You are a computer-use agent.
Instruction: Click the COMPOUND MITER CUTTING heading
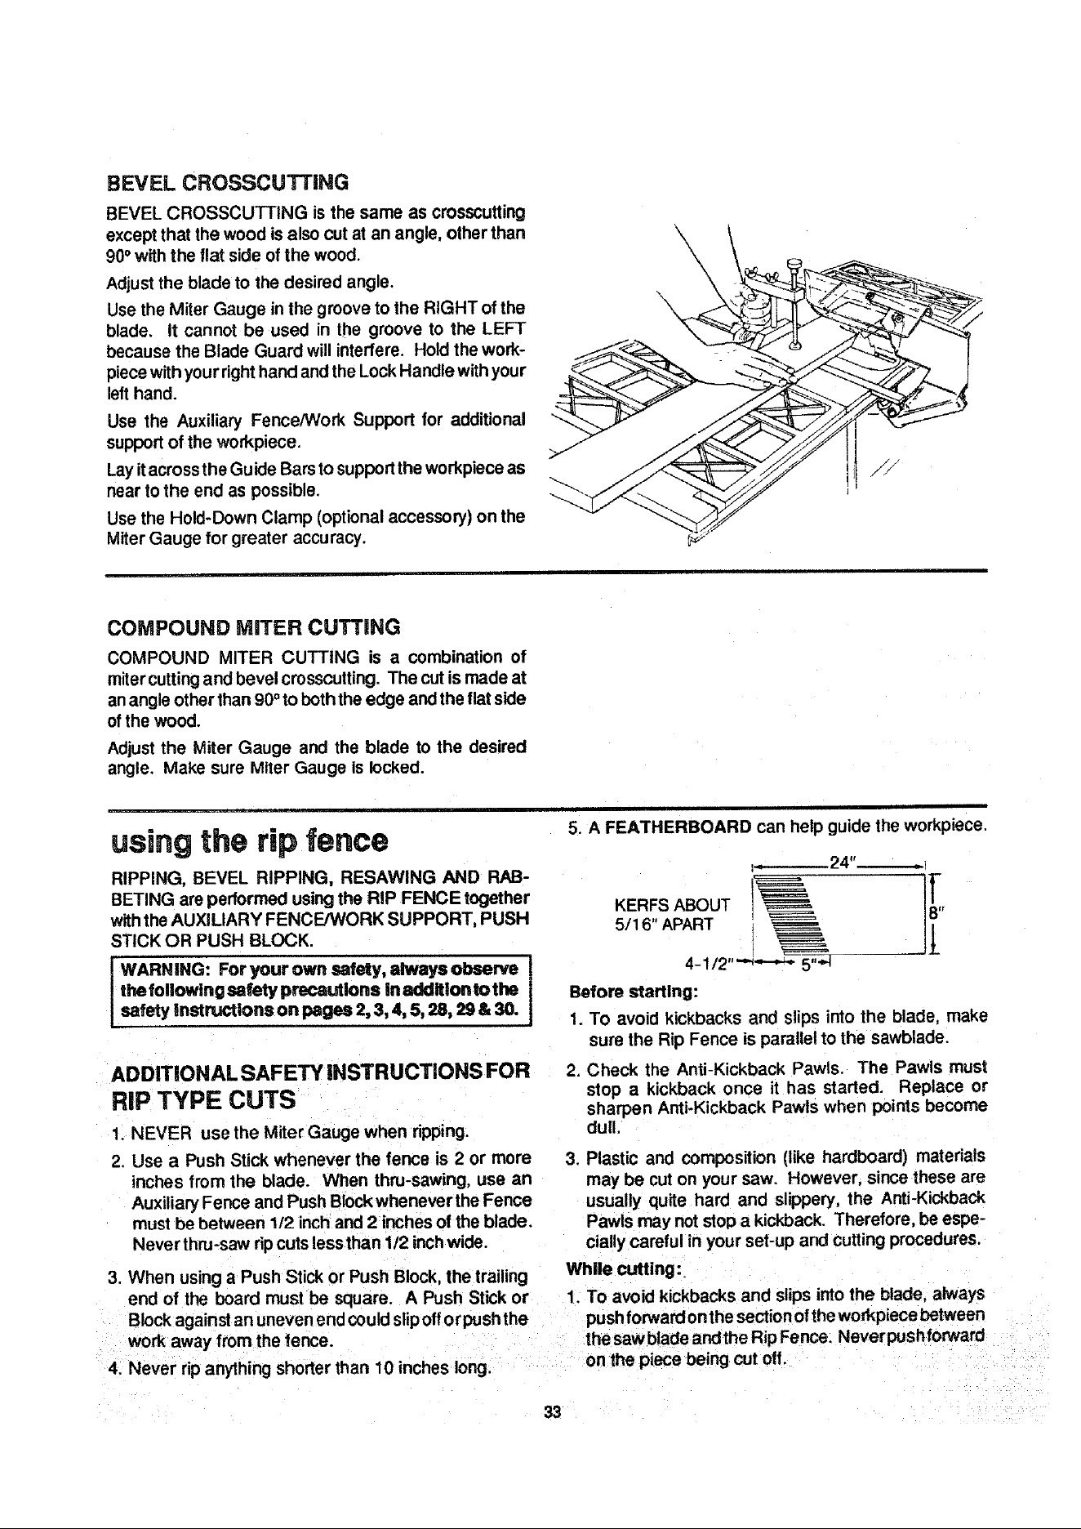[x=254, y=627]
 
